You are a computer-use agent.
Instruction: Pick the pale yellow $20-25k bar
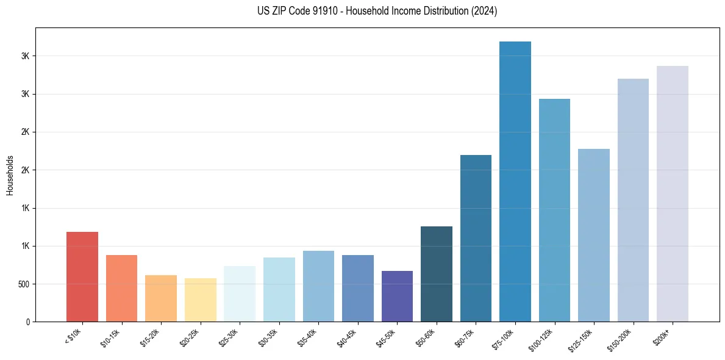pyautogui.click(x=200, y=300)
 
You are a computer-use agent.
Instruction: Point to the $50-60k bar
pyautogui.click(x=436, y=274)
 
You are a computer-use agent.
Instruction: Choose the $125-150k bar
pyautogui.click(x=593, y=235)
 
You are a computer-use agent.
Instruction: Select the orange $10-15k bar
pyautogui.click(x=121, y=288)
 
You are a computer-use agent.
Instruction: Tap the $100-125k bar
pyautogui.click(x=554, y=210)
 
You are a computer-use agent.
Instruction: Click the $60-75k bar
pyautogui.click(x=476, y=238)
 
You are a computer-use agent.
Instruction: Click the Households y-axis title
pyautogui.click(x=10, y=175)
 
